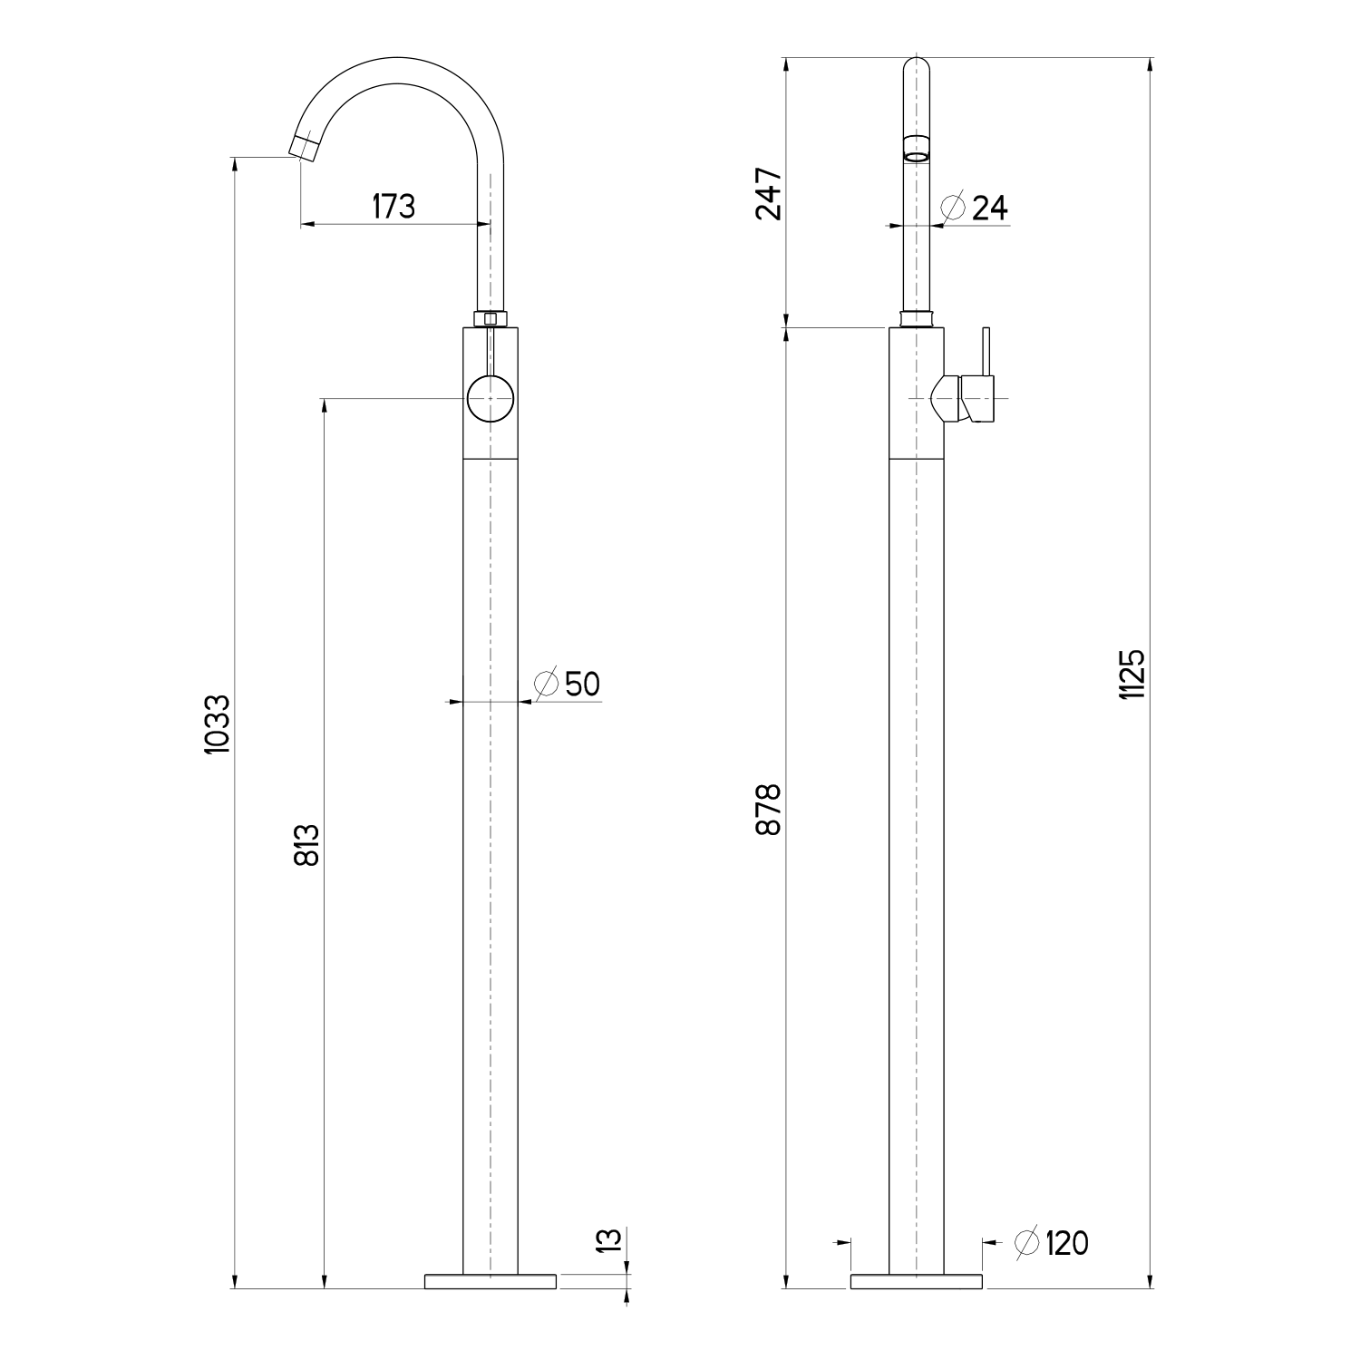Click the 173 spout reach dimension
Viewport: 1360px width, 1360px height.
[x=393, y=207]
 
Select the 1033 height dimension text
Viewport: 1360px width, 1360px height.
[x=219, y=724]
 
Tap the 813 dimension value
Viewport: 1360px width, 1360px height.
[x=307, y=845]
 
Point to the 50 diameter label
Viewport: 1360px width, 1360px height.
[x=582, y=684]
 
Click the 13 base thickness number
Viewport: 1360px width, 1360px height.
[x=610, y=1240]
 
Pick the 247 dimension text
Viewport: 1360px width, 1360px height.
[x=768, y=194]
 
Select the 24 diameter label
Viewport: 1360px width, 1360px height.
[x=989, y=209]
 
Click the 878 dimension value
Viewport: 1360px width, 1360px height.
[x=768, y=810]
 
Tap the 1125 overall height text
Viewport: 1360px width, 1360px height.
[x=1133, y=674]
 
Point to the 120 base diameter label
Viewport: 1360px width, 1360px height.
[x=1066, y=1243]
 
